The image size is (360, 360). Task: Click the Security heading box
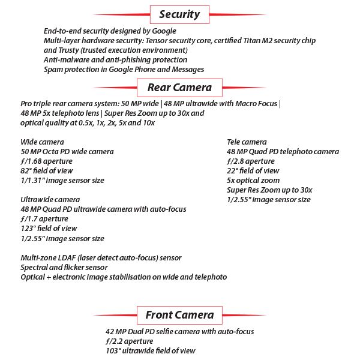[179, 14]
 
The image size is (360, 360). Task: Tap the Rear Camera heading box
[179, 88]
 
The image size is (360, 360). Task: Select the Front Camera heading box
[179, 314]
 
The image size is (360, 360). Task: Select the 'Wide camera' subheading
[43, 142]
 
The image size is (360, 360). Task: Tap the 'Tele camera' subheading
[247, 142]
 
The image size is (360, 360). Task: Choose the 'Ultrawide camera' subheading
[50, 200]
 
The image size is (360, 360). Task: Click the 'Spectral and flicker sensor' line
[64, 267]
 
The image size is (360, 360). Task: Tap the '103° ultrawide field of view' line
[151, 350]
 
